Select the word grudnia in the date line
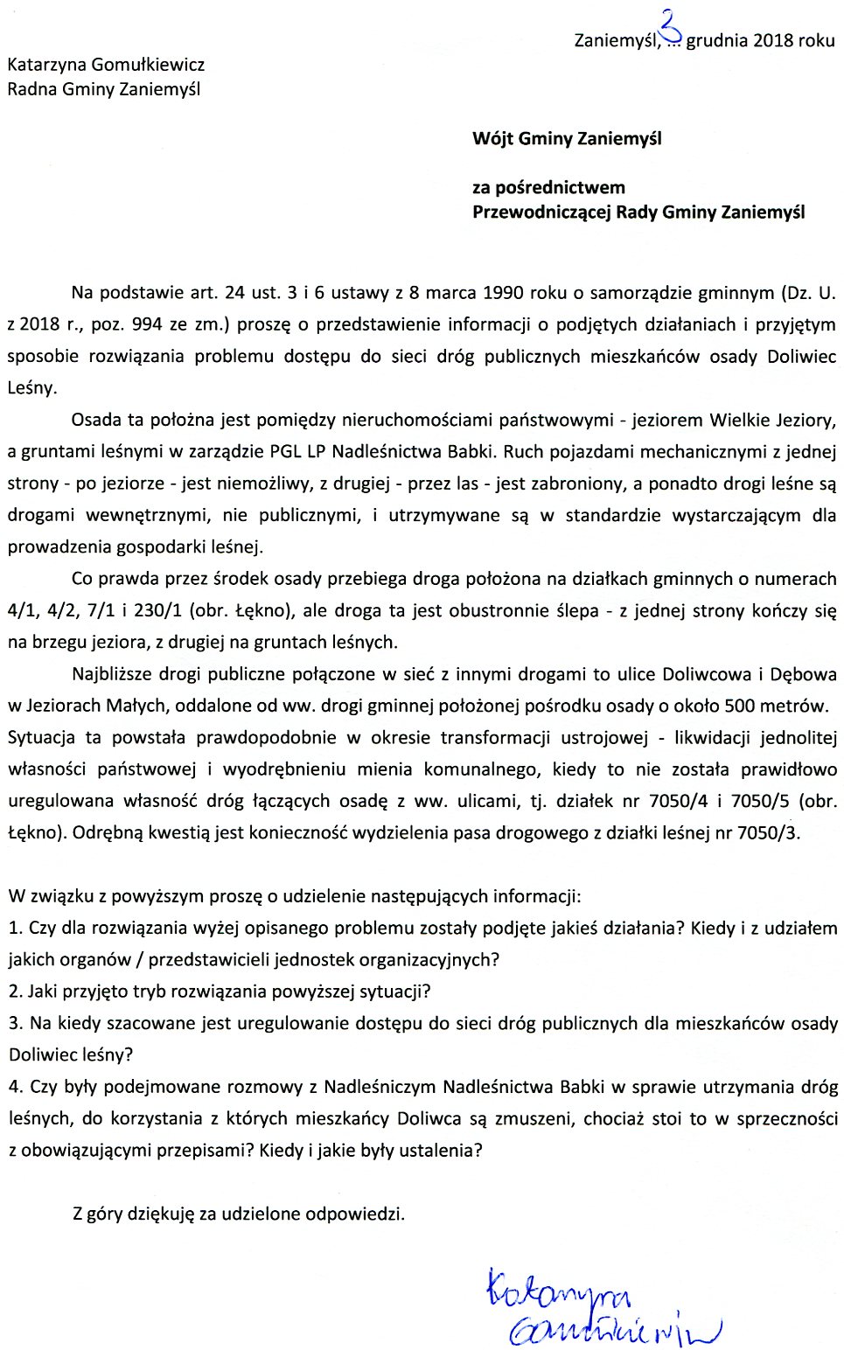(717, 40)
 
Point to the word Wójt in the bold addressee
(493, 139)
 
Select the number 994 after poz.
(146, 325)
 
